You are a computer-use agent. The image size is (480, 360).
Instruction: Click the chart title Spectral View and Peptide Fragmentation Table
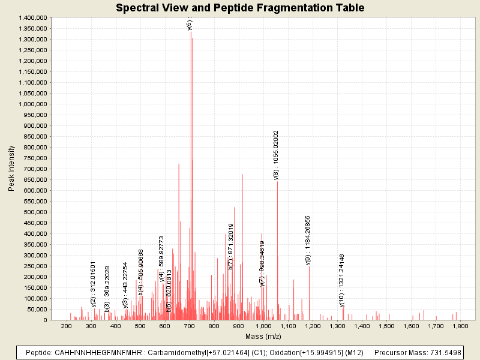coord(239,8)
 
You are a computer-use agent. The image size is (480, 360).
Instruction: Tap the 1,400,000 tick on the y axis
coord(32,18)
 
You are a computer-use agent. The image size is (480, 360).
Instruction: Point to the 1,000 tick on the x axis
coord(263,326)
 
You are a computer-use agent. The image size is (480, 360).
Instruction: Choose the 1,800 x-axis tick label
coord(460,326)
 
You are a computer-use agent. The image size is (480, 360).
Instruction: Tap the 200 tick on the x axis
coord(66,326)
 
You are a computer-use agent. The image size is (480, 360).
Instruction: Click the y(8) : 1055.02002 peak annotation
coord(277,155)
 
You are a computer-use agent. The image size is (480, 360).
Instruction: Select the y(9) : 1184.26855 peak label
coord(308,240)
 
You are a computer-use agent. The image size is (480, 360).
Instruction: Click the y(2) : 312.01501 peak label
coord(94,284)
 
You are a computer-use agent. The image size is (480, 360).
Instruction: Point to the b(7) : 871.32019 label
coord(231,246)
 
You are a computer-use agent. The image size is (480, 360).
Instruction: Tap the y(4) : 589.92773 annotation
coord(162,259)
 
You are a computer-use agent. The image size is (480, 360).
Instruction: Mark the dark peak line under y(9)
coord(309,294)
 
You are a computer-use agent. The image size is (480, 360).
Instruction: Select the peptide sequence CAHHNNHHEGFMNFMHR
coord(92,353)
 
